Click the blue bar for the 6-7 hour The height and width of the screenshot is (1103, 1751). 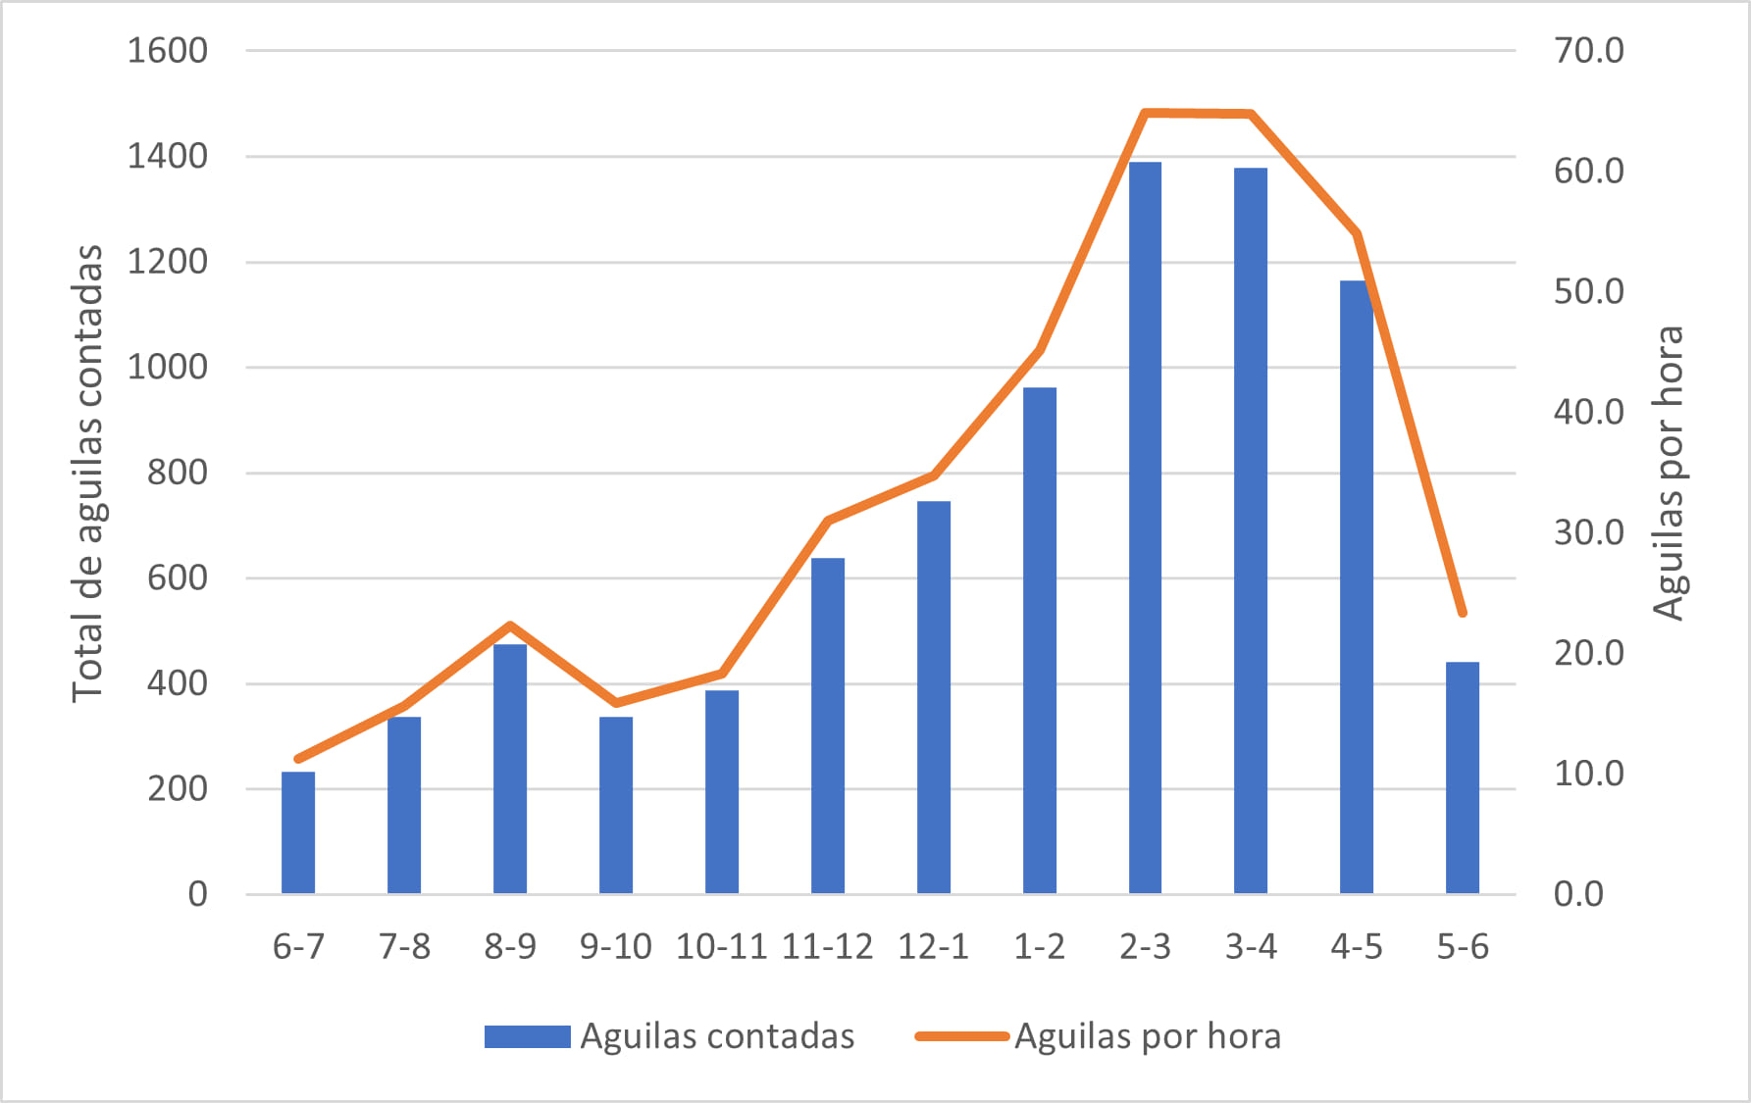tap(298, 832)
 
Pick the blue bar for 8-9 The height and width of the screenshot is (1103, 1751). tap(510, 769)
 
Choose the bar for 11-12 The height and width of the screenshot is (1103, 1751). tap(828, 726)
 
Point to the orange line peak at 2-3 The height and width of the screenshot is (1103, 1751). tap(1145, 113)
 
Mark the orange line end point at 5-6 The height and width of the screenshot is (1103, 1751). tap(1462, 613)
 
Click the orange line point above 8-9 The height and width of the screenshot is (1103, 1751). tap(510, 626)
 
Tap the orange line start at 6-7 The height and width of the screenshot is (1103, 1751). tap(298, 759)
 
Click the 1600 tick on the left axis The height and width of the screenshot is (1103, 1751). tap(168, 50)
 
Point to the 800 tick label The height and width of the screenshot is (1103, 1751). tap(178, 473)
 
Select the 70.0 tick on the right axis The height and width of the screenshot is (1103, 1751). tap(1588, 50)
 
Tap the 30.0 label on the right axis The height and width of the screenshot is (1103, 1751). tap(1588, 532)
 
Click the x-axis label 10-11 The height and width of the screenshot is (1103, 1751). tap(721, 947)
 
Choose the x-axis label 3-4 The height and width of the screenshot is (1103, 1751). tap(1251, 947)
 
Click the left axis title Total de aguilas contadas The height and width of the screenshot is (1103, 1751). tap(87, 473)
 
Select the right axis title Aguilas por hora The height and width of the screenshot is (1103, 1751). tap(1669, 473)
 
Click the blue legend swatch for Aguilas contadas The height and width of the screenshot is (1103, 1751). tap(527, 1036)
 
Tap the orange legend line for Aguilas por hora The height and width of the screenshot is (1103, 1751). tap(961, 1036)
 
